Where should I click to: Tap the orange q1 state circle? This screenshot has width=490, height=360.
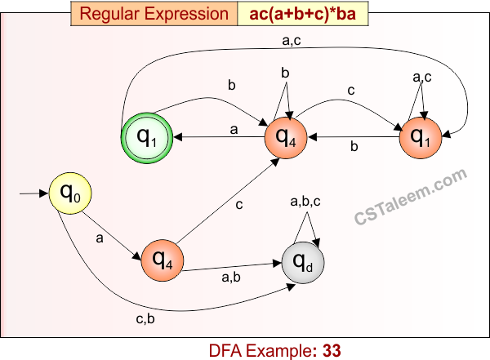click(x=421, y=137)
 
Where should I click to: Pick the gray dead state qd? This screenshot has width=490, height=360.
click(x=302, y=261)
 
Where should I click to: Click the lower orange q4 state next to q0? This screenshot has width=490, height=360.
click(x=163, y=261)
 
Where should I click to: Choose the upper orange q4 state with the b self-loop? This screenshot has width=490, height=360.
click(x=285, y=137)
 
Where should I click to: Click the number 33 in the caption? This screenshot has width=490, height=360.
click(x=331, y=350)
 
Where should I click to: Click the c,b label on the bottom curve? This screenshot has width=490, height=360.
click(x=145, y=318)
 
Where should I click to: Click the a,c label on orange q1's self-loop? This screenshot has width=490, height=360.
click(x=422, y=78)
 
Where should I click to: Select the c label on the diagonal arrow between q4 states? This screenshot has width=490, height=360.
click(x=239, y=203)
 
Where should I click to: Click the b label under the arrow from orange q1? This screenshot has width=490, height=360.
click(x=353, y=148)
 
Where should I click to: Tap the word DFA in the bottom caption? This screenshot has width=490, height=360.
click(x=226, y=350)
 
